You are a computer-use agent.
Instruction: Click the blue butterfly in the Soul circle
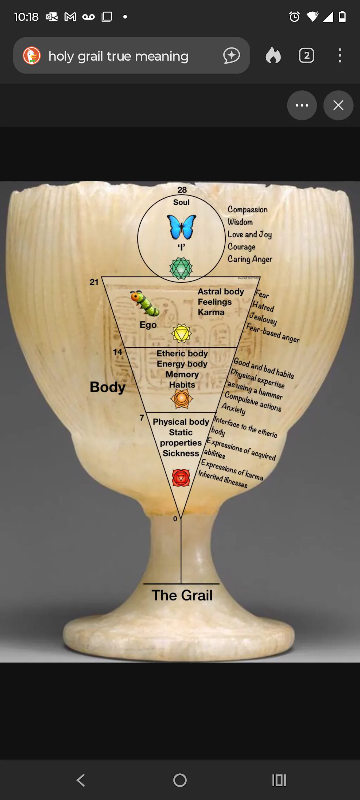(181, 227)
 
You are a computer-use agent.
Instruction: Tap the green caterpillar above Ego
(145, 303)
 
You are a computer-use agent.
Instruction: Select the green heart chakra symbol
(181, 269)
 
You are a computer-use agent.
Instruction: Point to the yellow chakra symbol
(181, 333)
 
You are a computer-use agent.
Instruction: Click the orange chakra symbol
(181, 399)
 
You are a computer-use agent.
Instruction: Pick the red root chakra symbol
(181, 478)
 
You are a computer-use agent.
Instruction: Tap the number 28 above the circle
(182, 190)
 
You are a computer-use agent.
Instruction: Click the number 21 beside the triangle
(94, 282)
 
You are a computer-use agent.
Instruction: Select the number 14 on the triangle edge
(117, 352)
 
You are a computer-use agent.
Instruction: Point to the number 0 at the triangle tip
(175, 519)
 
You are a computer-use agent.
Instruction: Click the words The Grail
(182, 595)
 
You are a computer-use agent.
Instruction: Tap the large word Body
(108, 387)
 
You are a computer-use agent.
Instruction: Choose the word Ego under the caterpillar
(148, 325)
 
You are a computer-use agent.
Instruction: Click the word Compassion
(247, 209)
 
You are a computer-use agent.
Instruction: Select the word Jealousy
(263, 319)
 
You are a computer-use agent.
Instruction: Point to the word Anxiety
(234, 409)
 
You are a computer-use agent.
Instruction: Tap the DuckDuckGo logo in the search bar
(32, 56)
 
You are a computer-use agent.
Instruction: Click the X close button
(338, 105)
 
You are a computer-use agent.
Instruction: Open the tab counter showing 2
(306, 56)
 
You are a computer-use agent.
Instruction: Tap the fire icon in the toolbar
(273, 56)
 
